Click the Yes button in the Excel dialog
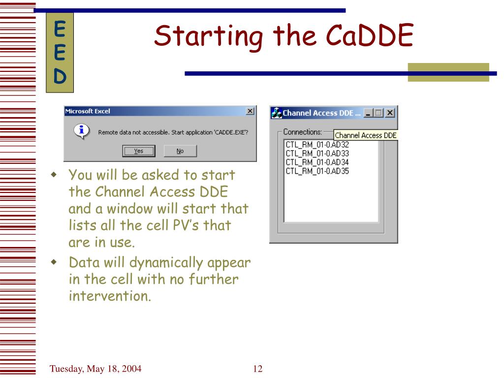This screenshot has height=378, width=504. coord(139,151)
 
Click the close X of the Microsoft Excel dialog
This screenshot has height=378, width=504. coord(250,111)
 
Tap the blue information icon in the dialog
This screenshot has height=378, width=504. coord(82,131)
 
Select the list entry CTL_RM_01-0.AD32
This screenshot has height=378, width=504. coord(317,145)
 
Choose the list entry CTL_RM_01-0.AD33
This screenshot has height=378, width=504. coord(317,154)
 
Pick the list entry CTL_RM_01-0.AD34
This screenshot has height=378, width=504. coord(317,162)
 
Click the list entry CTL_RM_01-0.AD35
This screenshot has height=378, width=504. coord(317,171)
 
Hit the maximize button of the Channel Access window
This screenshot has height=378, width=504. coord(378,113)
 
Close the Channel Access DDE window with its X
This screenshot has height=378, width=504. coord(390,113)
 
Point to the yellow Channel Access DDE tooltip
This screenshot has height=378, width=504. coord(366,135)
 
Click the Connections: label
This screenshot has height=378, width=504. coord(303,132)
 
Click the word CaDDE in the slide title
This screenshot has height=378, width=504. coord(370,35)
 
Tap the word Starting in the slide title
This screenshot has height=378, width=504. coord(208,37)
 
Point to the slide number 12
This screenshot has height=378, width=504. coord(258,369)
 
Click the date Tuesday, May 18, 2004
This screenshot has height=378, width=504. coord(95,369)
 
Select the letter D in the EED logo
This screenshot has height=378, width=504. coord(60,76)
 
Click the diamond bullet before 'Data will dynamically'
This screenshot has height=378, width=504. coord(54,262)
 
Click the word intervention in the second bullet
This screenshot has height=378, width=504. coord(110,296)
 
